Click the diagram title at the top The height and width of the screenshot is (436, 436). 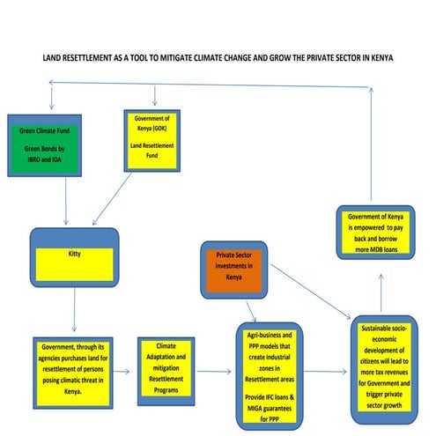(x=218, y=57)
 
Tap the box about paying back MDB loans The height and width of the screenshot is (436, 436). (x=380, y=233)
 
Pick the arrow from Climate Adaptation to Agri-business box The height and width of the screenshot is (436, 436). (x=221, y=370)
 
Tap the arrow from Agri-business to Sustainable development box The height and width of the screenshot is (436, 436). (x=328, y=371)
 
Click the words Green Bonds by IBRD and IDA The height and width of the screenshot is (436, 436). (x=43, y=159)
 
